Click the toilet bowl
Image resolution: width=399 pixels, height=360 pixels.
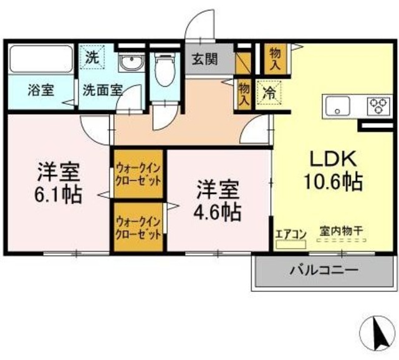(x=165, y=69)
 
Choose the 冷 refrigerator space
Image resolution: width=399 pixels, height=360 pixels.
(x=269, y=93)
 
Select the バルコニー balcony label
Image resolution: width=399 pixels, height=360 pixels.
(x=323, y=271)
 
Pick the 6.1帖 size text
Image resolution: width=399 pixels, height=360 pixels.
(x=58, y=195)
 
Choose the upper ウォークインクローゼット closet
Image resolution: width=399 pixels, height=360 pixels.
(x=138, y=174)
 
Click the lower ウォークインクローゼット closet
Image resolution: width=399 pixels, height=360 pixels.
(x=138, y=228)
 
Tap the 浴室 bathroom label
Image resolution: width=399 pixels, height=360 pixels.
(x=41, y=89)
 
